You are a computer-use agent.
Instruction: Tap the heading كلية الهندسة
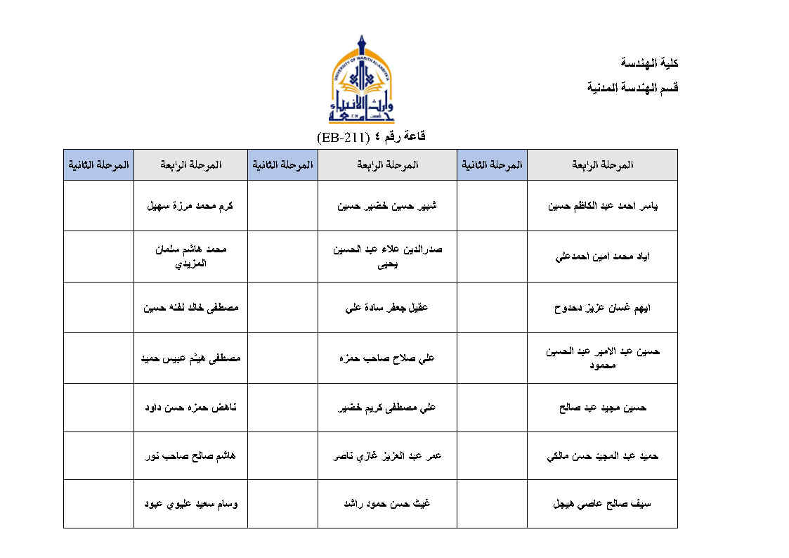649,63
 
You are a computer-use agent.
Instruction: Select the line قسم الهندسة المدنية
632,88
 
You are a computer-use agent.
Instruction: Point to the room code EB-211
341,137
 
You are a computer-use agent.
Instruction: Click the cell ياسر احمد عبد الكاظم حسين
602,206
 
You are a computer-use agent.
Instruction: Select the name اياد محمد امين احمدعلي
602,257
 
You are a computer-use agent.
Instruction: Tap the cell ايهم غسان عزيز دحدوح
602,307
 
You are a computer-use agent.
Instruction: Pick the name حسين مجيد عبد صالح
602,408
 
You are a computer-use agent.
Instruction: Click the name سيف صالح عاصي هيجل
602,504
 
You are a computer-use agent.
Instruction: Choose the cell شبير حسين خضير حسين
386,206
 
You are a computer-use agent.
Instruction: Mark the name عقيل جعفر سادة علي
386,307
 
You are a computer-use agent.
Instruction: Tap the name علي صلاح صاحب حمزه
386,358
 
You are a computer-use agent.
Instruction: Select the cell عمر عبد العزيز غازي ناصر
386,455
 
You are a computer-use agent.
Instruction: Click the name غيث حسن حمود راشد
386,504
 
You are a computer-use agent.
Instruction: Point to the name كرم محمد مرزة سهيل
190,206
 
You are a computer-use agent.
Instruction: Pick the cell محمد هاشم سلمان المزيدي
190,257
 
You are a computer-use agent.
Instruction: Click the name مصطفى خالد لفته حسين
190,307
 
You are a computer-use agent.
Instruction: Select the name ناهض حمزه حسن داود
190,408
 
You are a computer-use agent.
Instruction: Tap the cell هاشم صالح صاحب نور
190,455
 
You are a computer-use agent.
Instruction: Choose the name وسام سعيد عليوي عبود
190,504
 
